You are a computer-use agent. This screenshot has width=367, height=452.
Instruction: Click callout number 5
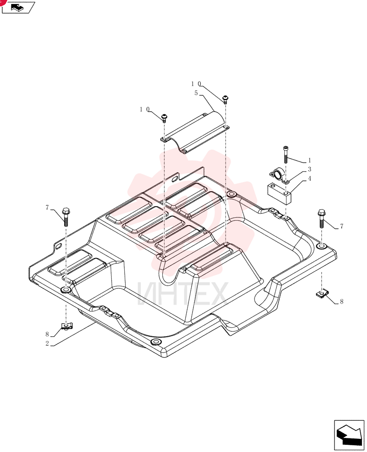[196, 93]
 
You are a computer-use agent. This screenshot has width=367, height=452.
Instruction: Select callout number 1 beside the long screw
[310, 160]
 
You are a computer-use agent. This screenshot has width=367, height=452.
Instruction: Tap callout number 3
[310, 169]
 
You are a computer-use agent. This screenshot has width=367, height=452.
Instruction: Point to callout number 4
[310, 179]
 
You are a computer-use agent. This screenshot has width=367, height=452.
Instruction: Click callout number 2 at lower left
[47, 344]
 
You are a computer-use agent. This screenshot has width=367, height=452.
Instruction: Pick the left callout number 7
[47, 207]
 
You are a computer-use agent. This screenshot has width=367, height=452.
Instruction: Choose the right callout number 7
[342, 226]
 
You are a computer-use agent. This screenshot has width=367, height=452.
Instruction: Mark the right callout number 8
[342, 302]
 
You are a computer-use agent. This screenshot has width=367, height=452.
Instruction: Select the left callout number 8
[47, 334]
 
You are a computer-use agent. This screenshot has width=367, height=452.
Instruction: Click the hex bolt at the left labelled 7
[66, 217]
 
